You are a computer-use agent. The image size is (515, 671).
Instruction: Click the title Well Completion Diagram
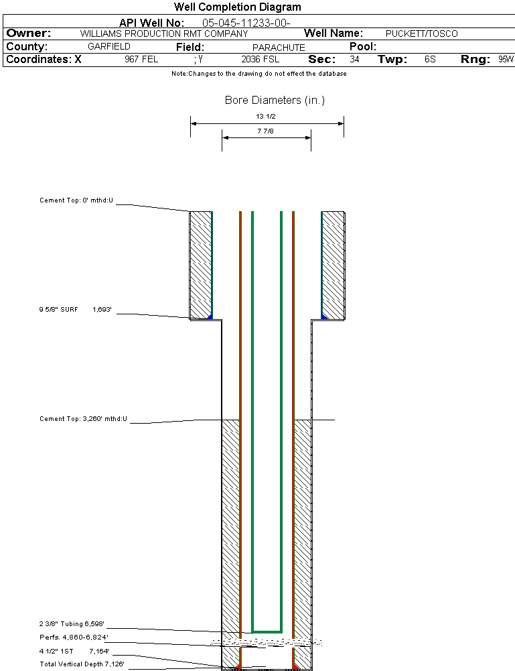(x=237, y=7)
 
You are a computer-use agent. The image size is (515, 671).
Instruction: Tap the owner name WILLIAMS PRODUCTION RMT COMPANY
(x=163, y=34)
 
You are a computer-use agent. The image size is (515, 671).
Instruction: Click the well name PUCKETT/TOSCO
(x=422, y=34)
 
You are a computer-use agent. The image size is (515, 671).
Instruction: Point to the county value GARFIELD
(x=109, y=47)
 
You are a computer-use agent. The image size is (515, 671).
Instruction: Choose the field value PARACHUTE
(x=279, y=48)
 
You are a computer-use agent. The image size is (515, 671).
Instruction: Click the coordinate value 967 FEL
(x=141, y=60)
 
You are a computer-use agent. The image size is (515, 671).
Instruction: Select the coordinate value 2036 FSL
(x=260, y=60)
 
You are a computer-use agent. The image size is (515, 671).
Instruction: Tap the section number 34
(x=354, y=60)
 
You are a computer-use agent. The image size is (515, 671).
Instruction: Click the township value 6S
(x=430, y=60)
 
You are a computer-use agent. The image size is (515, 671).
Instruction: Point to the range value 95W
(x=506, y=60)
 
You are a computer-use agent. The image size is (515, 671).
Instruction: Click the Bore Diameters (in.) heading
(x=275, y=101)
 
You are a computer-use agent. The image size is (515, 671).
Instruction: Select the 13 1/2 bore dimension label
(x=266, y=116)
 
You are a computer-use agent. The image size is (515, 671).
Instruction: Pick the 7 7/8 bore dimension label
(x=267, y=131)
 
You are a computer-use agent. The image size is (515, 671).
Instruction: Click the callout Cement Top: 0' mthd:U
(x=77, y=200)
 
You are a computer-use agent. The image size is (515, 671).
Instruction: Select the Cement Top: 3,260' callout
(x=84, y=419)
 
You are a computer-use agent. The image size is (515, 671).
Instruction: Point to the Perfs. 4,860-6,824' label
(x=74, y=637)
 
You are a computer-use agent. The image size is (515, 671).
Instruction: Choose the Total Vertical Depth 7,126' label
(x=82, y=664)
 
